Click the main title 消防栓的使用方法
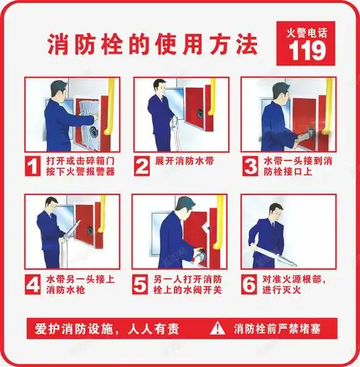tap(151, 45)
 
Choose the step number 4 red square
tap(33, 284)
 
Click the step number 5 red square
tap(141, 284)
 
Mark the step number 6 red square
tap(249, 284)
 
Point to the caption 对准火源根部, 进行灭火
tap(295, 284)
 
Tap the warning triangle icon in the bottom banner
tap(217, 329)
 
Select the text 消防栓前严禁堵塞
tap(277, 330)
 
